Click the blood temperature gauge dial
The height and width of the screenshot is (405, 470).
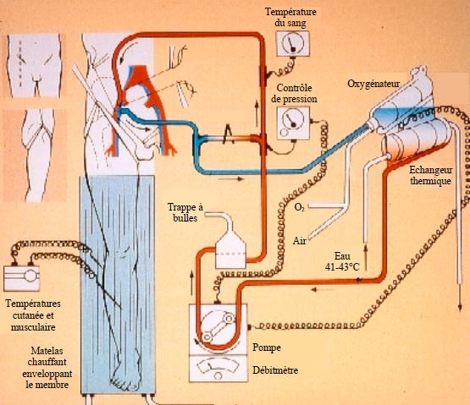tap(292, 43)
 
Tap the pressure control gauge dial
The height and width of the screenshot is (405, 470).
tap(293, 120)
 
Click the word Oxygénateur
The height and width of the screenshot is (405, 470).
tap(373, 84)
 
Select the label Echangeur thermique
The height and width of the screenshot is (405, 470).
tap(431, 175)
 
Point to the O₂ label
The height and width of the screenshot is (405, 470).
tap(299, 207)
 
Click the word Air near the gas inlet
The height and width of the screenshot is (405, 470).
tap(300, 241)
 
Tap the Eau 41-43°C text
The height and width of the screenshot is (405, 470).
tap(342, 261)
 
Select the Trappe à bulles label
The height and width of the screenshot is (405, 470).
tap(185, 212)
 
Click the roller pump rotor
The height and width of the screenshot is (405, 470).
tap(218, 328)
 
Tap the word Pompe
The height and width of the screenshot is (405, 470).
tap(267, 348)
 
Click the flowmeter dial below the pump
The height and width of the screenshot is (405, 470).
tap(218, 369)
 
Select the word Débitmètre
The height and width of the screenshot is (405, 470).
tap(275, 370)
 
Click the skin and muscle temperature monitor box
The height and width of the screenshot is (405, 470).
tap(21, 278)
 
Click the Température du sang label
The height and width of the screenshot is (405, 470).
tap(290, 18)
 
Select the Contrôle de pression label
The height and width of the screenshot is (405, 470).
tap(294, 93)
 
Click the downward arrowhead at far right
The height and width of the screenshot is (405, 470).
tap(460, 308)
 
